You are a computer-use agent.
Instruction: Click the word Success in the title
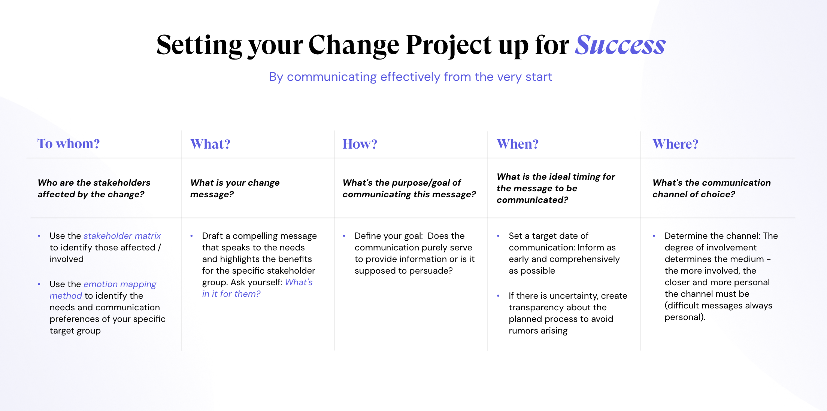pos(620,45)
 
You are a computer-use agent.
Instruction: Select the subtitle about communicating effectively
pos(411,77)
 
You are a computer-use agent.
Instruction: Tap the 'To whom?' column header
pos(69,144)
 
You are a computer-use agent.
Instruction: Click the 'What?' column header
pos(210,144)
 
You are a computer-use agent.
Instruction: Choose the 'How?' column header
pos(360,144)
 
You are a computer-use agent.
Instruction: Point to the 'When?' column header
pos(518,144)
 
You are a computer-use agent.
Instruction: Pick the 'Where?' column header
pos(675,144)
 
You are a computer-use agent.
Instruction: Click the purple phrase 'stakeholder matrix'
pos(122,236)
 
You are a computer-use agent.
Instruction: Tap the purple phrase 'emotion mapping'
pos(120,284)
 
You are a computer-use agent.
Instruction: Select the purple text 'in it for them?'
pos(231,294)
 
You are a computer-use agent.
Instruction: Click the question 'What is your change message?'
pos(235,188)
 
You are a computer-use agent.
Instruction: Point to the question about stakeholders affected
pos(94,188)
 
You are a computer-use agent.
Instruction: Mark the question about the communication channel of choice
pos(712,188)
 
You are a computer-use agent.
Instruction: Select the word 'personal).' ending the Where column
pos(685,317)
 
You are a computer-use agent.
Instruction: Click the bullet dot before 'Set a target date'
pos(498,236)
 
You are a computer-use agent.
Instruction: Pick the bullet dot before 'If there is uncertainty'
pos(498,296)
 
